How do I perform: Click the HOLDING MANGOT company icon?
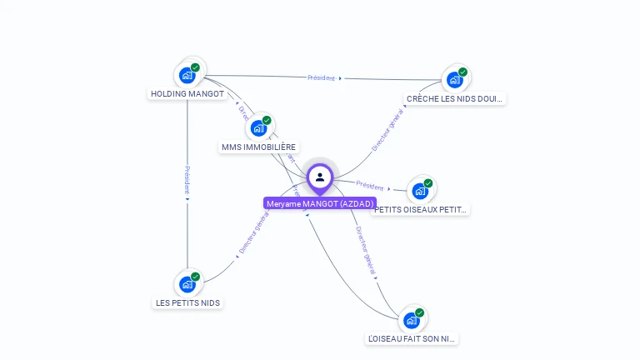click(187, 75)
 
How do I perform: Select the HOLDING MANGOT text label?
click(187, 94)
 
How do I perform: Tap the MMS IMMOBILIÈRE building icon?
click(259, 127)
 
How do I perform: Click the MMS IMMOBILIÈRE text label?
click(258, 147)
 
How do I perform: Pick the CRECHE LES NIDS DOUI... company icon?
click(454, 79)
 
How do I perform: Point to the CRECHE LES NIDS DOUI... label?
click(455, 98)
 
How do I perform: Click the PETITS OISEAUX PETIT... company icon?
click(419, 190)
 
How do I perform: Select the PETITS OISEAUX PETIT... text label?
click(422, 209)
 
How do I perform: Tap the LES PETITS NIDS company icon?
click(187, 283)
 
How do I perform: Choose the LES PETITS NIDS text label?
click(187, 302)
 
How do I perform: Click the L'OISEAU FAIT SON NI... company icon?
click(411, 320)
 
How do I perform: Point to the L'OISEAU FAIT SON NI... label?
click(412, 339)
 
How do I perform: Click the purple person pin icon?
click(320, 177)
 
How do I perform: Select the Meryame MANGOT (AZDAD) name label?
click(320, 203)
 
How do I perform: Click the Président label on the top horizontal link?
click(322, 77)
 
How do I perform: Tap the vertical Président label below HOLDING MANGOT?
click(187, 180)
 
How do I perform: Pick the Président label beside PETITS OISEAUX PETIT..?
click(370, 185)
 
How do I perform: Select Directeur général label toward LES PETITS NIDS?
click(253, 233)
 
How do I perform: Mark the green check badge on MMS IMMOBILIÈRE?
click(267, 120)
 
